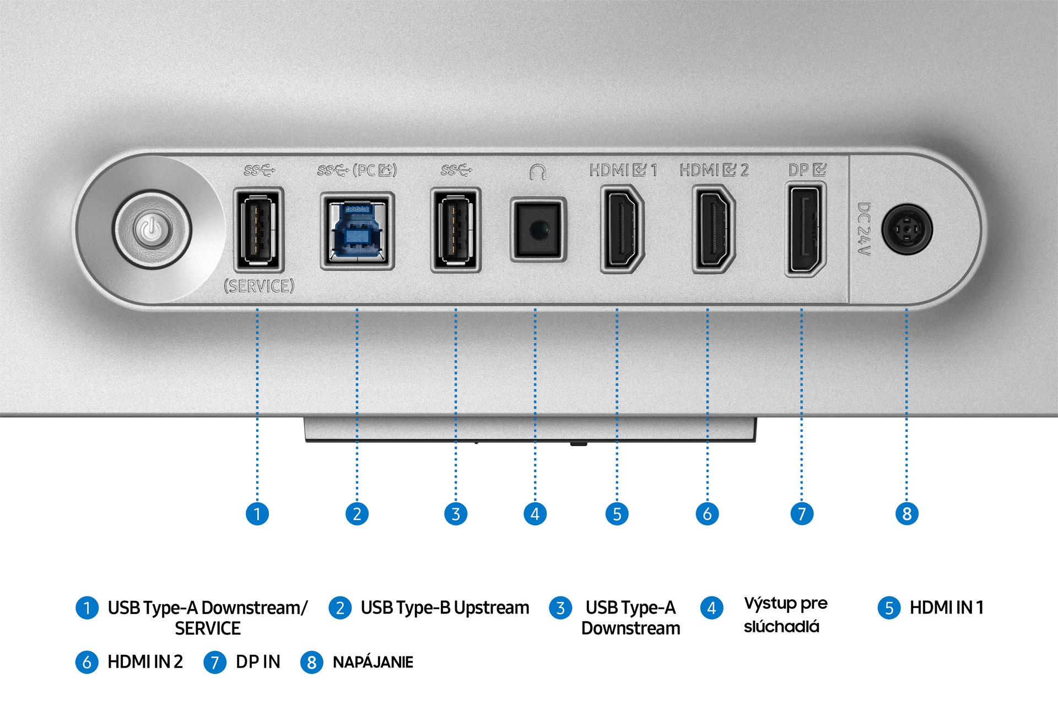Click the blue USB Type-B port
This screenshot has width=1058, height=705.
tap(357, 230)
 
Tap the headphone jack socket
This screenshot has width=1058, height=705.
tap(538, 229)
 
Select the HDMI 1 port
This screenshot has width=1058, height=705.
tap(622, 229)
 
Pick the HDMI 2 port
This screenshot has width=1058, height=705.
tap(714, 229)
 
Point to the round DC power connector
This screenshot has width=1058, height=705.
tap(907, 229)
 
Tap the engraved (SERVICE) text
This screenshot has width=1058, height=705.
tap(259, 286)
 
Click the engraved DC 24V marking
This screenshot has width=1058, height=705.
tap(864, 229)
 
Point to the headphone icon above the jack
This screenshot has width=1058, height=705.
tap(538, 172)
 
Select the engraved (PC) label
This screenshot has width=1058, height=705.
tap(375, 170)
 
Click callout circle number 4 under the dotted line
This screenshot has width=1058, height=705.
tap(535, 514)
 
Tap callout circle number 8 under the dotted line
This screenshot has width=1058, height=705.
tap(906, 514)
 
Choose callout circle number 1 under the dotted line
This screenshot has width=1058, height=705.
tap(257, 514)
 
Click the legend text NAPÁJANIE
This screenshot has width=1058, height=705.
tap(373, 662)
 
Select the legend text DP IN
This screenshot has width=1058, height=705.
tap(258, 661)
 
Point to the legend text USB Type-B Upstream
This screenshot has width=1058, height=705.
tap(445, 608)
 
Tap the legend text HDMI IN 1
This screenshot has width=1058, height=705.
tap(946, 608)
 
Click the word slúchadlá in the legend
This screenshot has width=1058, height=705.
tap(781, 627)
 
